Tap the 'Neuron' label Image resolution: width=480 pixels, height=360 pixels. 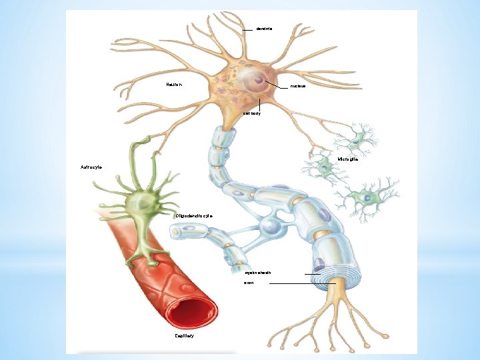pos(174,85)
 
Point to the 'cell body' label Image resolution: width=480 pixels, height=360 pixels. pos(252,114)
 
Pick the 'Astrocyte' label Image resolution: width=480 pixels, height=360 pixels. pos(91,167)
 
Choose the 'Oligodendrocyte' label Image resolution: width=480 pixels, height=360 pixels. pos(194,216)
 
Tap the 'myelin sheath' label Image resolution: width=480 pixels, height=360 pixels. pos(257,273)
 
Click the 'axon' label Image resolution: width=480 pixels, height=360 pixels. pos(249,283)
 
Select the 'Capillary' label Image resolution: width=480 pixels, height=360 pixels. pos(185,336)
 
